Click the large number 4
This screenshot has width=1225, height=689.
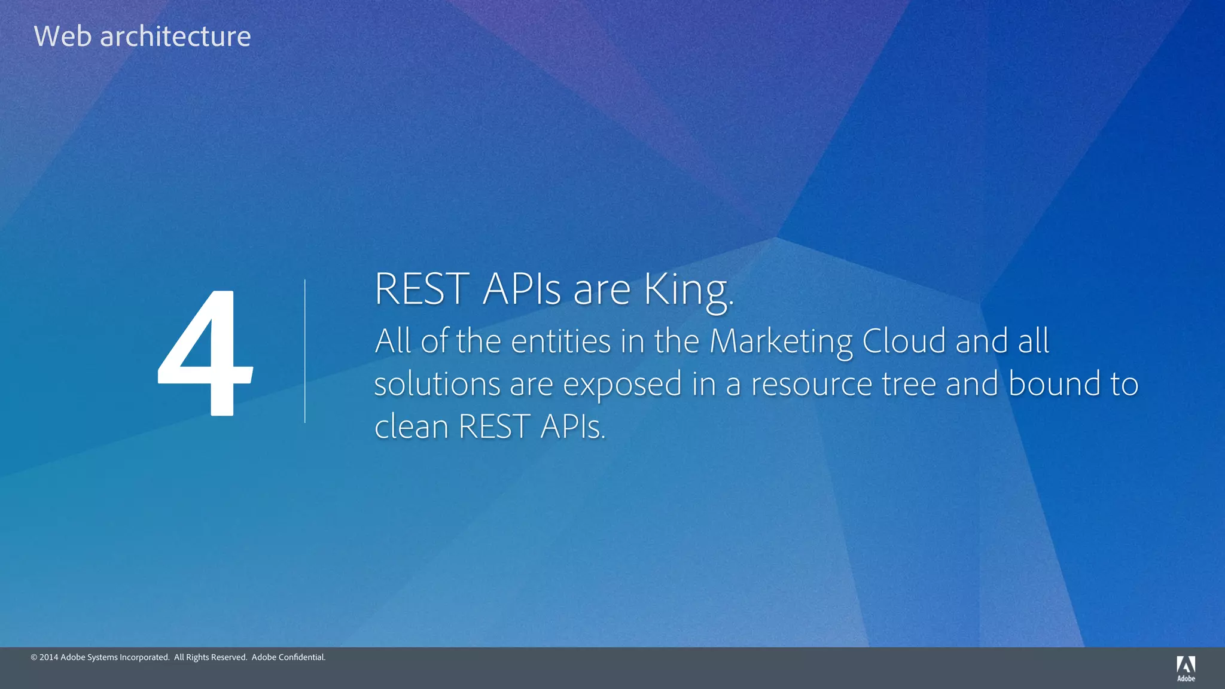(205, 353)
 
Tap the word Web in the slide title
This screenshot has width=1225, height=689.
(62, 36)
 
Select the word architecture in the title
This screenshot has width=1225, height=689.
(175, 36)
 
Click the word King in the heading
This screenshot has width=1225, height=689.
(687, 291)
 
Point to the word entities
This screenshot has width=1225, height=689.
(560, 342)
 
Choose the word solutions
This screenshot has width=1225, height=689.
(437, 384)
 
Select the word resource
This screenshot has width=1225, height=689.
(812, 385)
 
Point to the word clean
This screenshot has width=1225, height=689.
(412, 427)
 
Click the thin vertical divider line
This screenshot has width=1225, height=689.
(305, 352)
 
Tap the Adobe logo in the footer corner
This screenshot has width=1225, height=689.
(1186, 668)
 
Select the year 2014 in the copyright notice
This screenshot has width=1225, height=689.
(48, 657)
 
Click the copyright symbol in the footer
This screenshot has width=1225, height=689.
(34, 657)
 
